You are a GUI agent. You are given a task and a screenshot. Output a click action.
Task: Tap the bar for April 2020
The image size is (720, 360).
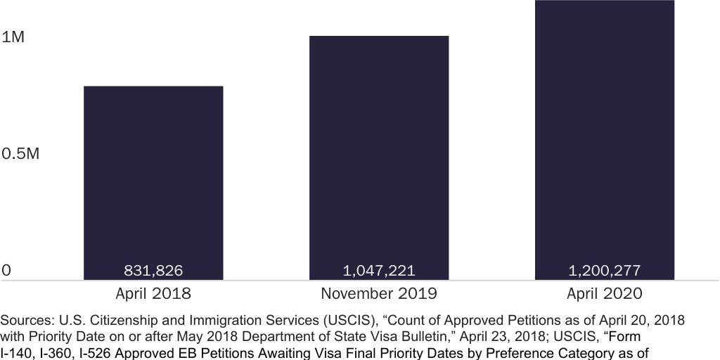(x=605, y=141)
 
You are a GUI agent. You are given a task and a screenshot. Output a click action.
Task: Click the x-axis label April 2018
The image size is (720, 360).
(x=153, y=293)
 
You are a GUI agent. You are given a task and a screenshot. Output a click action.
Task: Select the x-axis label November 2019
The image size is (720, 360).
(x=379, y=293)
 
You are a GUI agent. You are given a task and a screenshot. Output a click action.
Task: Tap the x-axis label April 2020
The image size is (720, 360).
(x=605, y=293)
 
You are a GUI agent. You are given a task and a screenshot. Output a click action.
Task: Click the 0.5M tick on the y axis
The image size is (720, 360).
(x=20, y=154)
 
